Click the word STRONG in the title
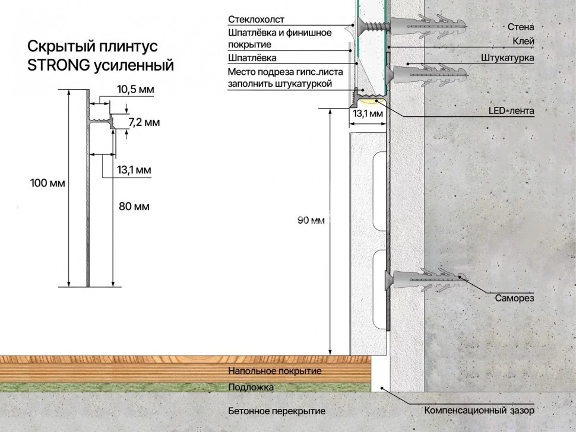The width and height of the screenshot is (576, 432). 58,65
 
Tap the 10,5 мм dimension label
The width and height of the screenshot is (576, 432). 135,89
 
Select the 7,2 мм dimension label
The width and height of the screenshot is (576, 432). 144,122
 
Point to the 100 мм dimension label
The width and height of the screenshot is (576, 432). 48,183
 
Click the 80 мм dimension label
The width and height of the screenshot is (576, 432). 134,207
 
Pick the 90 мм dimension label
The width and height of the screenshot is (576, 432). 311,220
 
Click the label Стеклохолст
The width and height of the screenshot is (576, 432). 256,19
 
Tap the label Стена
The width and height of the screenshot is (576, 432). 521,27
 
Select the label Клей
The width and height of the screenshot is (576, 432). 524,42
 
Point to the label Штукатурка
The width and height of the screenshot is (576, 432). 508,58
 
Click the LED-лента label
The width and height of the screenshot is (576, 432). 511,111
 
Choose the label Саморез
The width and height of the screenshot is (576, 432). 514,298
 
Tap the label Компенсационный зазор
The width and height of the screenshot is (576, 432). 479,410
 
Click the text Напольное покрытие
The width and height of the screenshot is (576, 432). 275,371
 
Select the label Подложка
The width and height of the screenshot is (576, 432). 251,387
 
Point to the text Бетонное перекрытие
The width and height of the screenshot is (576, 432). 277,411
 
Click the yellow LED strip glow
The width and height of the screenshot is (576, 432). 371,101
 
